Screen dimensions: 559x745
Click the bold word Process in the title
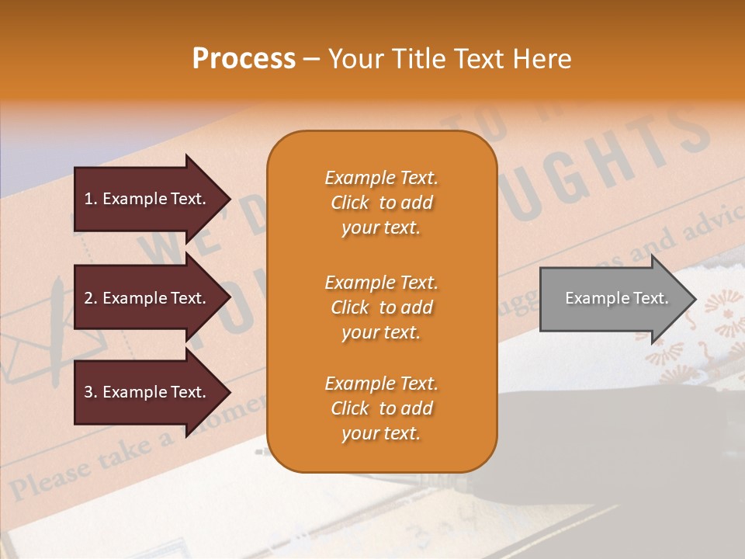(244, 59)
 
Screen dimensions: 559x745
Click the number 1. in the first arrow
(90, 199)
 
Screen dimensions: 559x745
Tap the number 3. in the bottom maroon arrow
(90, 392)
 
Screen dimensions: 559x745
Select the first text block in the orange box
(381, 203)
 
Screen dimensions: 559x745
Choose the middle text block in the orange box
(381, 307)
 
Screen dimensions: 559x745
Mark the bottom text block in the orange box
(381, 408)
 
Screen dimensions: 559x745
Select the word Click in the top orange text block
(350, 203)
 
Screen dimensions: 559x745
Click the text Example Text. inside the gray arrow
(616, 298)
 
